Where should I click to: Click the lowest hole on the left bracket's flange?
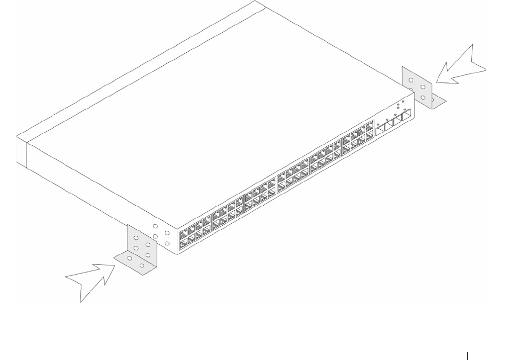[x=142, y=265]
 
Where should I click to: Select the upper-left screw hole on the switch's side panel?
[x=156, y=227]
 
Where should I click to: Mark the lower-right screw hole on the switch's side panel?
[x=167, y=243]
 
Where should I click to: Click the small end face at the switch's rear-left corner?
[x=21, y=150]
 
